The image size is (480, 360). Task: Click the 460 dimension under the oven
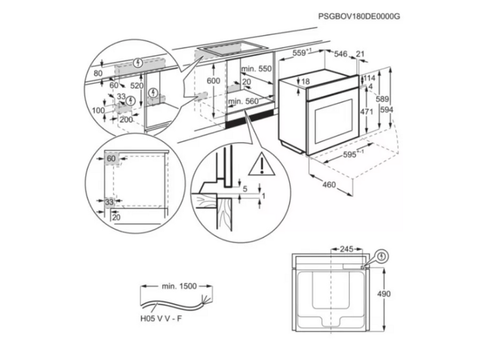point(329,185)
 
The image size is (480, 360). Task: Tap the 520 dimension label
point(138,86)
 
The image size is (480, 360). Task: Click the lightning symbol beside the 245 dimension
point(383,256)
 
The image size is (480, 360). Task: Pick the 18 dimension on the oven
point(305,82)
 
